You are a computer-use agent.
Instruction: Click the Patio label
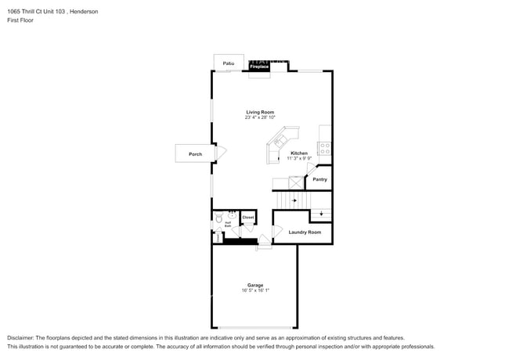(229, 63)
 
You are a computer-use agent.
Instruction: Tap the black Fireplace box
(259, 68)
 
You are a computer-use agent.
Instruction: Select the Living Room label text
(260, 112)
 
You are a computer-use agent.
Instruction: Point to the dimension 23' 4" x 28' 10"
(260, 117)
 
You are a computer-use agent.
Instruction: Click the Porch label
(195, 154)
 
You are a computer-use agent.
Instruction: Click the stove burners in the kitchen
(324, 146)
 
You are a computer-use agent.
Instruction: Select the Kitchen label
(299, 153)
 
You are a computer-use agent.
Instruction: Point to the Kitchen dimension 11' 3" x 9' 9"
(299, 158)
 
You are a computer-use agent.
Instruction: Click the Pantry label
(319, 179)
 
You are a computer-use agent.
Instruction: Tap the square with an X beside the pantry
(295, 182)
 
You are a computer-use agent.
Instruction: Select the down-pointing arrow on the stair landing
(320, 214)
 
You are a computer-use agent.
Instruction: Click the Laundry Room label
(305, 232)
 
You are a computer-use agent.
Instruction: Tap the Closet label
(247, 217)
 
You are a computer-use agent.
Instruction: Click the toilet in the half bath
(218, 219)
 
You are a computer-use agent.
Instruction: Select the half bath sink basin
(232, 214)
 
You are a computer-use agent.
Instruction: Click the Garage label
(255, 285)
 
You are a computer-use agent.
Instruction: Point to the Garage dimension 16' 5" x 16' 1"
(255, 290)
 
